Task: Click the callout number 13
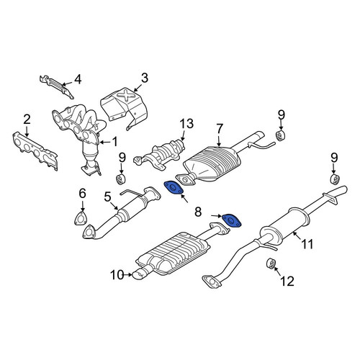[x=186, y=124]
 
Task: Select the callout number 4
[x=78, y=79]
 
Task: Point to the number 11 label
[x=307, y=244]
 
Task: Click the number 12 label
[x=287, y=281]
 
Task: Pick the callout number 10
[x=117, y=275]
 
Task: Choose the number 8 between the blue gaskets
[x=198, y=212]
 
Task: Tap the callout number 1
[x=115, y=142]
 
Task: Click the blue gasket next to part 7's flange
[x=174, y=187]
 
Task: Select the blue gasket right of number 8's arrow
[x=231, y=220]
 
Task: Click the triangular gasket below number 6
[x=80, y=218]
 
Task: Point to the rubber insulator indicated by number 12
[x=271, y=264]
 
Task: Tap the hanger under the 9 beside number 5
[x=121, y=180]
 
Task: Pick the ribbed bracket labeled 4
[x=57, y=86]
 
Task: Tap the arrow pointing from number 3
[x=138, y=88]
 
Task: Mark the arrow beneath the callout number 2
[x=27, y=132]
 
